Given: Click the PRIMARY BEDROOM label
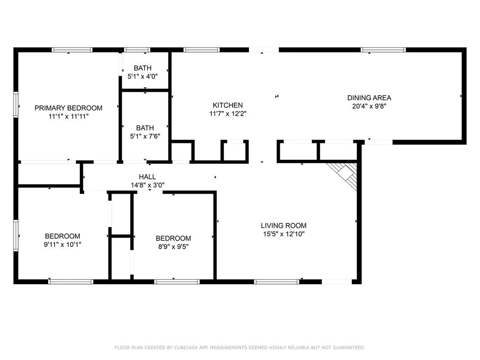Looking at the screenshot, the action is (68, 108).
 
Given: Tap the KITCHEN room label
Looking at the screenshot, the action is (228, 105).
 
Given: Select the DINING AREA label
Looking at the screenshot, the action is (369, 98).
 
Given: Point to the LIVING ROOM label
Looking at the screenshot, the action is (283, 226).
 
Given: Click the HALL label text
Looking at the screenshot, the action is (147, 177).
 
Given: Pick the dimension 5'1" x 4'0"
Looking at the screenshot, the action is (143, 76).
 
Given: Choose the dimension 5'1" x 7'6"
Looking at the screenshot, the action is (145, 136).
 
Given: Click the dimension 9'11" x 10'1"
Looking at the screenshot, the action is (62, 244).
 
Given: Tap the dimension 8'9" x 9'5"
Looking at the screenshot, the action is (173, 246).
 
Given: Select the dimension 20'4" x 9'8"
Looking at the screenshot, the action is (369, 106).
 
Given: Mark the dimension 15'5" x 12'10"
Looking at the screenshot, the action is (283, 234).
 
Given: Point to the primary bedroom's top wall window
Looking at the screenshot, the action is (72, 50).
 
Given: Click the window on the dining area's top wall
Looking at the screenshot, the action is (383, 50).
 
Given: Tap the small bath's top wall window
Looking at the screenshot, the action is (137, 50).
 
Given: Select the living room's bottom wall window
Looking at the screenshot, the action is (277, 282).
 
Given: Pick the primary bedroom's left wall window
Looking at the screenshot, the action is (16, 104).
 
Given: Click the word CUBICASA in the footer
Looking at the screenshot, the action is (186, 347).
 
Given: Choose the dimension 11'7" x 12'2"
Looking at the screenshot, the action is (228, 114).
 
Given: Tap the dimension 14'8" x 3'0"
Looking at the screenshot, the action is (148, 185).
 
